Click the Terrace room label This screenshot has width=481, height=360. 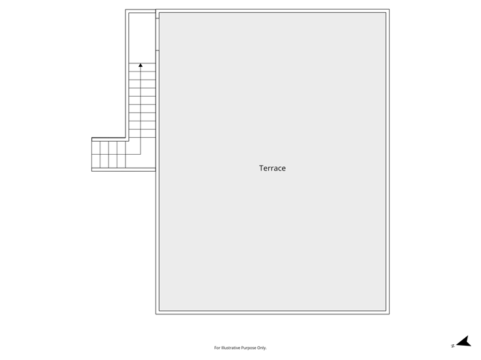coord(272,168)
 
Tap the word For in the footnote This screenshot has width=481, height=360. coord(217,348)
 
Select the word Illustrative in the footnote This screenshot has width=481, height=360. coord(231,348)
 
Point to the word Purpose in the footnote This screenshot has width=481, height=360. coord(248,348)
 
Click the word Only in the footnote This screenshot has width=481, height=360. coord(262,348)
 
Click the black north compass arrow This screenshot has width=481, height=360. coord(465,342)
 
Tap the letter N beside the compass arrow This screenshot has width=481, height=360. coord(453,346)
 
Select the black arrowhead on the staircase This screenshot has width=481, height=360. coord(141,65)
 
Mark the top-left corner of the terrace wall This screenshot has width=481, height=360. coord(156,10)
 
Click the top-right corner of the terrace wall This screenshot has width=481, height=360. coord(390,10)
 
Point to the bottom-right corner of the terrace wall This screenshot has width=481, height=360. coord(390,314)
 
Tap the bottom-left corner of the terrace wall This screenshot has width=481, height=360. coord(156,314)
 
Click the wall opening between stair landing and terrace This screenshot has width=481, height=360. coord(158,34)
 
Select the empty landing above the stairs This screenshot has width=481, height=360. coord(142,38)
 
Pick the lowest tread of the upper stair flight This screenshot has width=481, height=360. coord(142,134)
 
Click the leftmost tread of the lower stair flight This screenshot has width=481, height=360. coord(96,155)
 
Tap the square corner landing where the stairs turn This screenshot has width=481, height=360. coord(141,155)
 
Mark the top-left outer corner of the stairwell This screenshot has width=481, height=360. coord(126,10)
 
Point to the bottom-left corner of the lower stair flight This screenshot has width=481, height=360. coord(92,171)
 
